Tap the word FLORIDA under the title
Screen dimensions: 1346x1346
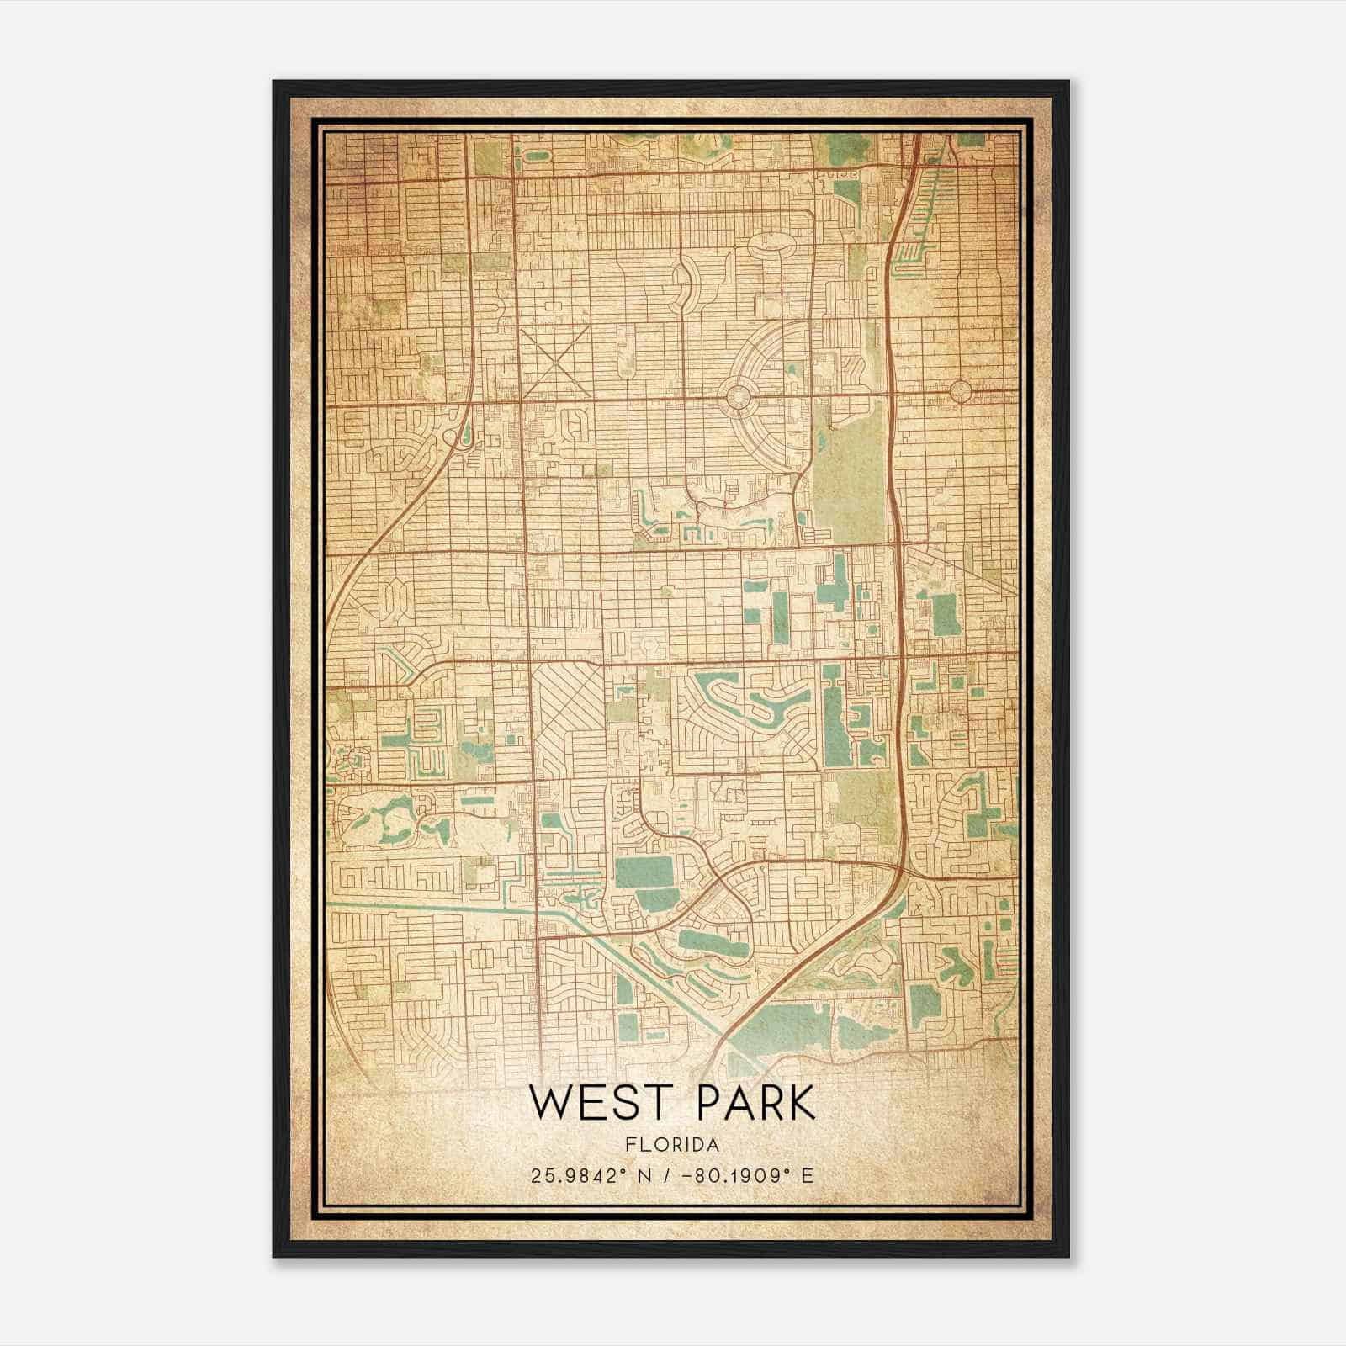pos(673,1145)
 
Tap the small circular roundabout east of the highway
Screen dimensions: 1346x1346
pos(960,391)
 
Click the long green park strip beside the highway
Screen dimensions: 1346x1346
pos(850,471)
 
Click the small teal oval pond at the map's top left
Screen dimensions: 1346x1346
pos(535,156)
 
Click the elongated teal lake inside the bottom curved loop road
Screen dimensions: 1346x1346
pos(712,941)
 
